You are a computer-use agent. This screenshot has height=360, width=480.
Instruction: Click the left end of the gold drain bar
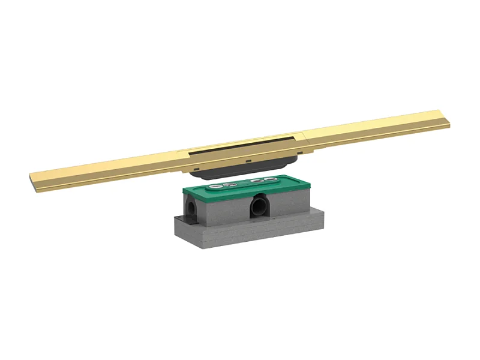click(x=32, y=178)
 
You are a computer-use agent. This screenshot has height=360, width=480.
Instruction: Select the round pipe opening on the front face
click(x=259, y=206)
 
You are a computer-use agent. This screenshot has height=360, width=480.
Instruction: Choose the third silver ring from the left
click(x=256, y=181)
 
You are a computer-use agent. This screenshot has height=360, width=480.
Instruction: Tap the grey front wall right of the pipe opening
click(x=288, y=207)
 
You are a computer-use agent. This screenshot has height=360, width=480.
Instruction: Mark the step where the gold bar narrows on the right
click(x=307, y=133)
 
